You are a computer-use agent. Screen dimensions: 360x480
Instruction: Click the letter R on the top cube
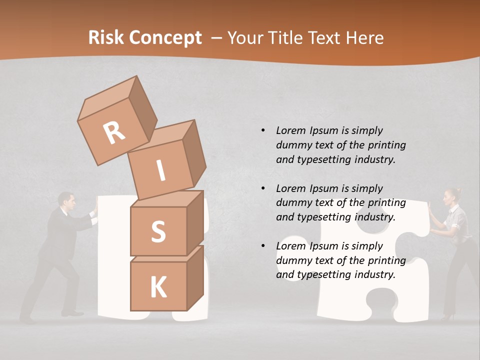click(114, 132)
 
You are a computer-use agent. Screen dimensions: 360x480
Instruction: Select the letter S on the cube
click(158, 232)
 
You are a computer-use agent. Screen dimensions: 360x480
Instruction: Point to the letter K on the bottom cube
click(158, 287)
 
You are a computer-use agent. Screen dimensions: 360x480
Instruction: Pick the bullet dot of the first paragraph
click(263, 130)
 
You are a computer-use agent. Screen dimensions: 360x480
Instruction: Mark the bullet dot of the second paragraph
click(263, 188)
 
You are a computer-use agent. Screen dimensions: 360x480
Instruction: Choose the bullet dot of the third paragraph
click(263, 246)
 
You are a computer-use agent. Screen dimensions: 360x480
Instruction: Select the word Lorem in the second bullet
click(291, 188)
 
